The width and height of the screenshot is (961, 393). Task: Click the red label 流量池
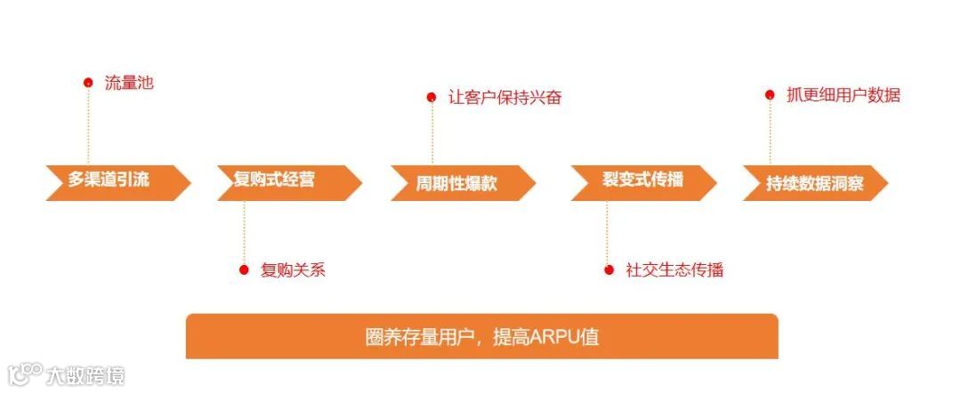point(129,84)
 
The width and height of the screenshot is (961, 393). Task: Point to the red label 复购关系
point(293,270)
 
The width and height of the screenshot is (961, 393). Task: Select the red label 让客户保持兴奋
point(505,98)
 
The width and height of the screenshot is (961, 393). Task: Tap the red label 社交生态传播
point(674,270)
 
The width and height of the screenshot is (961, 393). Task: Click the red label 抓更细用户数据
point(844,95)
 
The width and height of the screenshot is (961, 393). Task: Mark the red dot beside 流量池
point(88,83)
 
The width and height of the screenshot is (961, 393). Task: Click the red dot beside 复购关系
point(244,270)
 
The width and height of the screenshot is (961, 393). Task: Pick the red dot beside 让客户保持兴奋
point(432,97)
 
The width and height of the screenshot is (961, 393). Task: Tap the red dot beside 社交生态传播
point(609,270)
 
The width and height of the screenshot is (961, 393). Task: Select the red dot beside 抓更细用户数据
point(771,95)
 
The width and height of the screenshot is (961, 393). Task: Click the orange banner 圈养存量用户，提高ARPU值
point(481,336)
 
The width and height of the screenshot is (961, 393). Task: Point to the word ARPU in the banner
point(555,337)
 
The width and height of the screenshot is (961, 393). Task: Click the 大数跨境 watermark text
point(87,375)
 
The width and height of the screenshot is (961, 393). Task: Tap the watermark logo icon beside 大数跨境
point(25,373)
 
